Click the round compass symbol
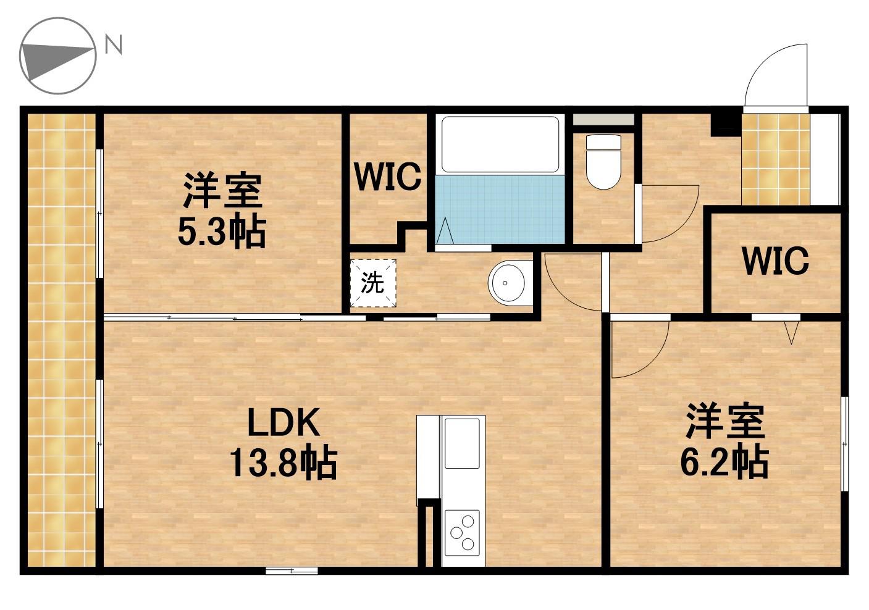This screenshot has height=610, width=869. click(58, 56)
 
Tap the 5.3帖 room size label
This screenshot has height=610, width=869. click(222, 232)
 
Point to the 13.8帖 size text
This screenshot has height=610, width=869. click(283, 462)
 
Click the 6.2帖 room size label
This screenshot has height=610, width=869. click(724, 461)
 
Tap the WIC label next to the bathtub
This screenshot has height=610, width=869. click(387, 177)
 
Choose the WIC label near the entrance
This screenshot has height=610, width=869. click(775, 261)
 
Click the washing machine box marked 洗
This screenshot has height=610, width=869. click(373, 283)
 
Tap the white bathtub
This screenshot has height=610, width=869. click(500, 144)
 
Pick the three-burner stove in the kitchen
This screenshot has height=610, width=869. click(462, 531)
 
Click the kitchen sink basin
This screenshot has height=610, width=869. click(462, 443)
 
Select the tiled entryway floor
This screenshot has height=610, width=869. click(775, 159)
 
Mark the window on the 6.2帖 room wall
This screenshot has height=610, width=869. click(845, 443)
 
